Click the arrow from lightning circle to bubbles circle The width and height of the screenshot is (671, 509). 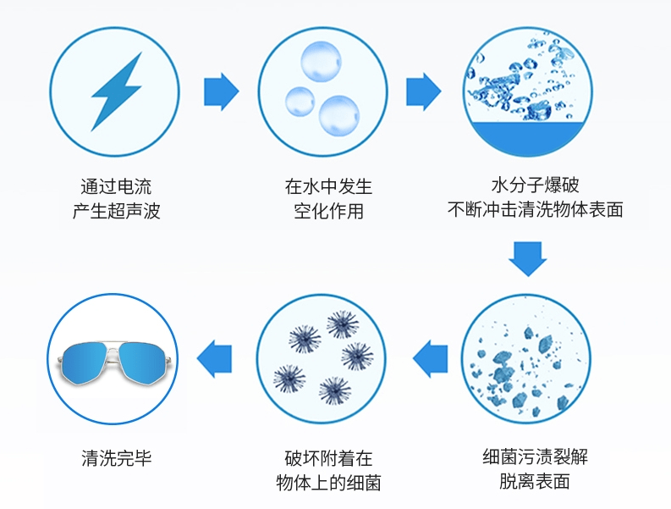click(x=222, y=91)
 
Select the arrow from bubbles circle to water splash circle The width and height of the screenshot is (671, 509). click(x=424, y=91)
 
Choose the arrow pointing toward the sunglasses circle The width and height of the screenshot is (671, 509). click(x=215, y=358)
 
